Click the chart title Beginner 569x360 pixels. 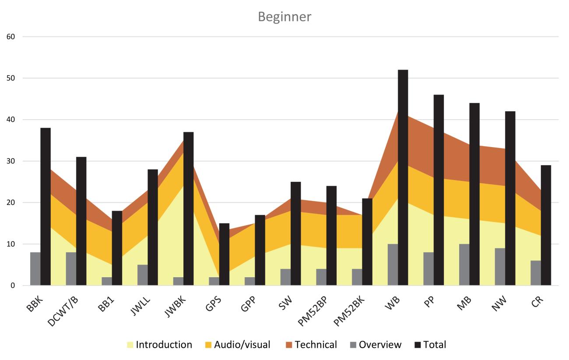tap(284, 17)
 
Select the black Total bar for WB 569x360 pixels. tap(403, 177)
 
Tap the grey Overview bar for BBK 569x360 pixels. tap(35, 269)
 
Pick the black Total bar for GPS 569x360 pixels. tap(224, 254)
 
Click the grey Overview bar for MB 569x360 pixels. tap(464, 265)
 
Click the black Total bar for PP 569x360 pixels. tap(439, 190)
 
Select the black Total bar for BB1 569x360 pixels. tap(117, 248)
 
